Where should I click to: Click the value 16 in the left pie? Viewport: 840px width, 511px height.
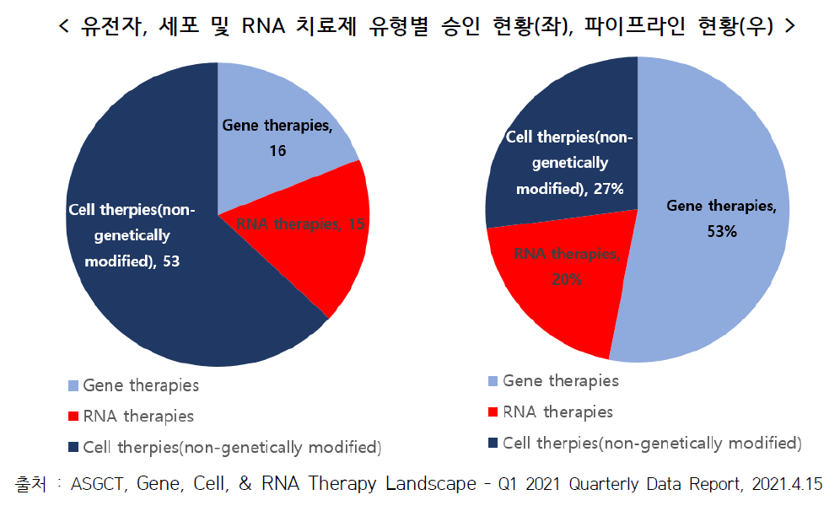[x=277, y=151]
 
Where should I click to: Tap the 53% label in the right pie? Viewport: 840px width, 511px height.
[x=723, y=230]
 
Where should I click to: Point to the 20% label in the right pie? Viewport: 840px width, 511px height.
[x=566, y=279]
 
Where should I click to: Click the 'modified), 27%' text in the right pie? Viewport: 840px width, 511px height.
[x=570, y=189]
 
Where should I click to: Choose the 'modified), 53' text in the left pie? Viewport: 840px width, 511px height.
[x=132, y=261]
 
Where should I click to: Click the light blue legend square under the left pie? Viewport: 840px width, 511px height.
[x=73, y=386]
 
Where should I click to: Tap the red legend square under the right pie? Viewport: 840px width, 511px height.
[x=493, y=413]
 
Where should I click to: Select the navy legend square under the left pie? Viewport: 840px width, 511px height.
[x=73, y=445]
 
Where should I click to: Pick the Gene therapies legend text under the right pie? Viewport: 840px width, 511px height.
[x=561, y=381]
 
